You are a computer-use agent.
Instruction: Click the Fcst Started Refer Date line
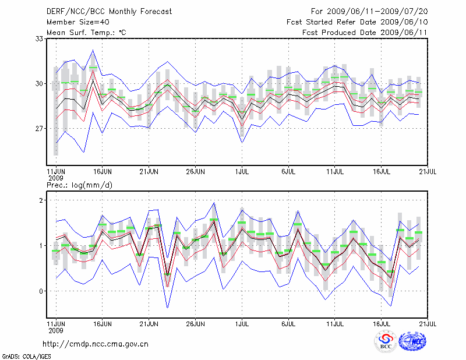(x=357, y=22)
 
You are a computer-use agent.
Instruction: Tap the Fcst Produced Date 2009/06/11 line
(x=365, y=32)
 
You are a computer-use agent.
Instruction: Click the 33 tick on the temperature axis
(x=40, y=38)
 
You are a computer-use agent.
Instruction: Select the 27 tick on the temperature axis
(x=40, y=128)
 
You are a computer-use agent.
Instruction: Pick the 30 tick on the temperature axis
(x=40, y=83)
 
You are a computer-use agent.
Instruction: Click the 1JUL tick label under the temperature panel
(x=241, y=172)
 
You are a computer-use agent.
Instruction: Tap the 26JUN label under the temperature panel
(x=196, y=172)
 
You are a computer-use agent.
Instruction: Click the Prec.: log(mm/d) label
(x=79, y=185)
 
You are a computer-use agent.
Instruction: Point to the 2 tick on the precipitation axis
(x=41, y=200)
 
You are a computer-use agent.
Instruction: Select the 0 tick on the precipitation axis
(x=41, y=291)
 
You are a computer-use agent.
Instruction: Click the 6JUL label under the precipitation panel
(x=288, y=322)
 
